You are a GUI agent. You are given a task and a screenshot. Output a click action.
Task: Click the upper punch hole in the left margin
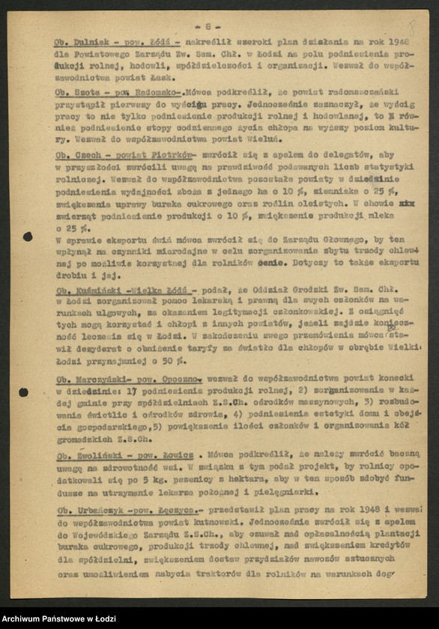pos(27,237)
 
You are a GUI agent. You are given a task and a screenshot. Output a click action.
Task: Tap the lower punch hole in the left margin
pos(23,392)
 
